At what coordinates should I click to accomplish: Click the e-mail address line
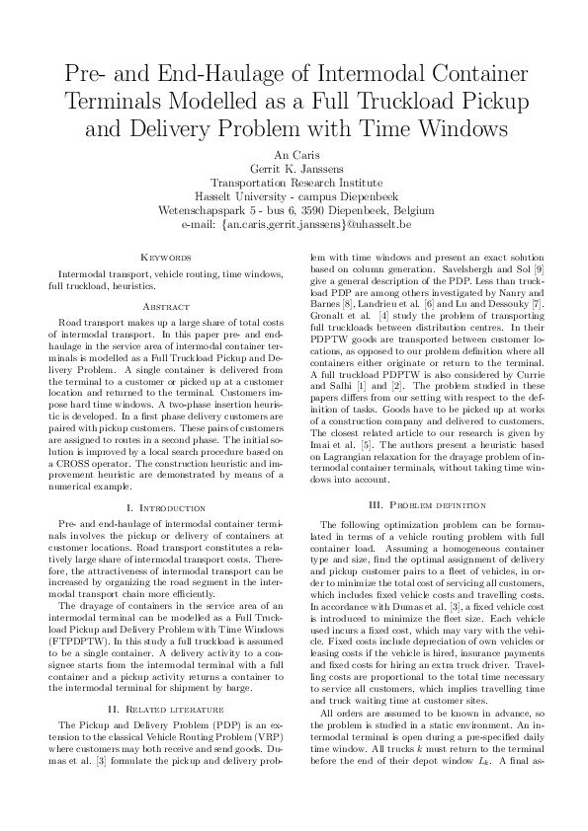(x=294, y=225)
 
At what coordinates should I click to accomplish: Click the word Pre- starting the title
(x=87, y=73)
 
